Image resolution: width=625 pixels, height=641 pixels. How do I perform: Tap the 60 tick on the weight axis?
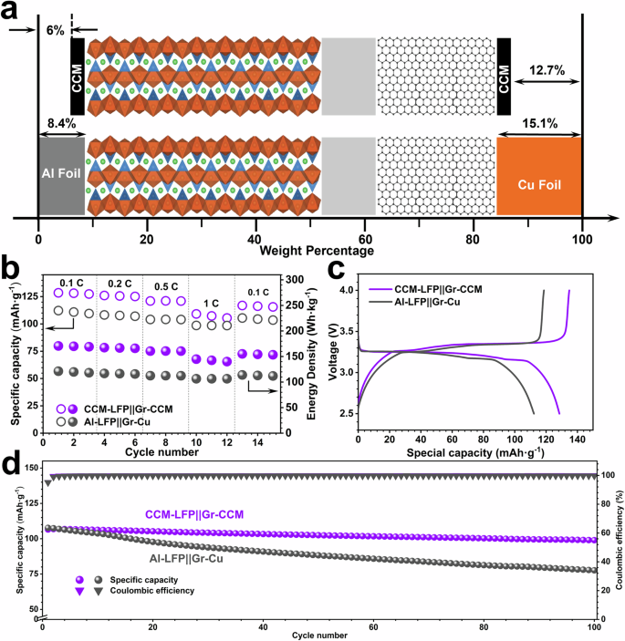pyautogui.click(x=364, y=236)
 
